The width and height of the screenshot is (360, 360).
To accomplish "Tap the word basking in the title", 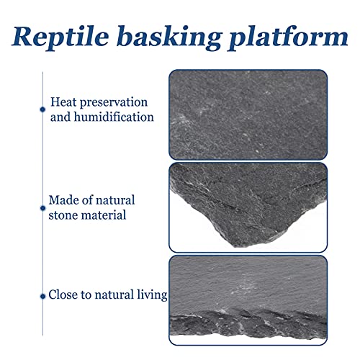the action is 168,37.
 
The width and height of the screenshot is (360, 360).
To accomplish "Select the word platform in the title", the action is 288,37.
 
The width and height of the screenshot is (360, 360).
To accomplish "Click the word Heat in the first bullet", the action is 63,102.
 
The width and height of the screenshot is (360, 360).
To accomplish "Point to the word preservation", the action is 114,103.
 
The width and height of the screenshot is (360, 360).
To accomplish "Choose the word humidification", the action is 114,117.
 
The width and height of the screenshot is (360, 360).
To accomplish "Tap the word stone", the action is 63,215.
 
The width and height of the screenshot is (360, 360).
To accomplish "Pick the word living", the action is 152,295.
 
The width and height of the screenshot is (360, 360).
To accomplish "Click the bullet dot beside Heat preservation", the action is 42,109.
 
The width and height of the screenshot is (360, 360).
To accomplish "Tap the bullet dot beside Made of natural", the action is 42,208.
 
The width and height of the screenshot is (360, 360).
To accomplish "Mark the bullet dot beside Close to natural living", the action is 42,297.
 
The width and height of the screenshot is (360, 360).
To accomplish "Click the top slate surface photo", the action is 248,114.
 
